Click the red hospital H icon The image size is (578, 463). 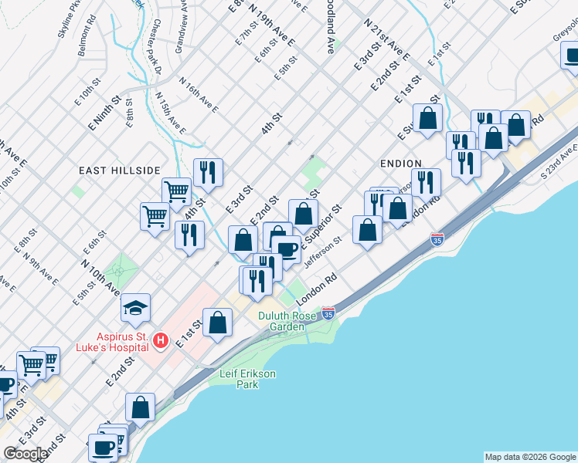pyautogui.click(x=160, y=340)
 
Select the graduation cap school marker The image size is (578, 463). pyautogui.click(x=135, y=309)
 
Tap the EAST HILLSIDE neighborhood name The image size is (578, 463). pyautogui.click(x=119, y=170)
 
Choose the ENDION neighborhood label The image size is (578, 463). pyautogui.click(x=400, y=164)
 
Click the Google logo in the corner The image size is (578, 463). pyautogui.click(x=25, y=454)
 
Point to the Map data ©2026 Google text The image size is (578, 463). pyautogui.click(x=529, y=457)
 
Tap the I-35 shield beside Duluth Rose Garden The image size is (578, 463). pyautogui.click(x=328, y=313)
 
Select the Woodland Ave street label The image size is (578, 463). pyautogui.click(x=330, y=31)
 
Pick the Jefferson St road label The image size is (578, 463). pyautogui.click(x=323, y=254)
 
